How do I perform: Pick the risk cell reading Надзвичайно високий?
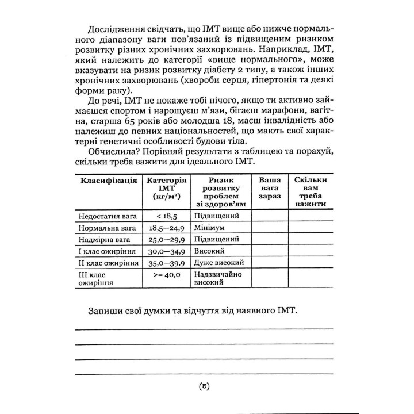218,279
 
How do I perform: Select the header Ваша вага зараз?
267,188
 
